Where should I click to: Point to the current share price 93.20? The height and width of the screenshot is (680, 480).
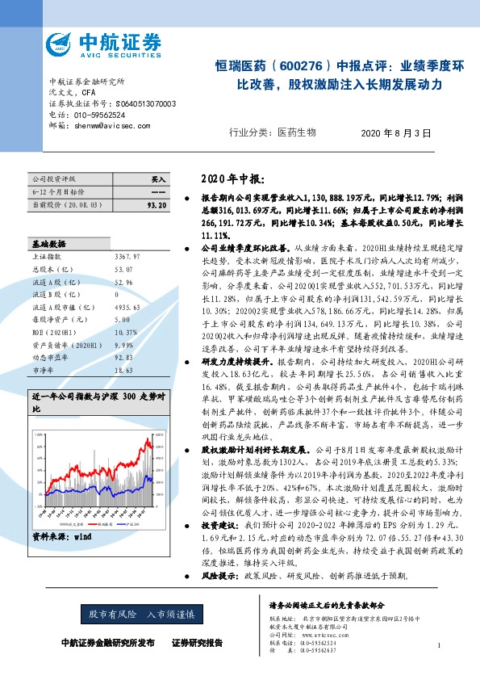pos(157,206)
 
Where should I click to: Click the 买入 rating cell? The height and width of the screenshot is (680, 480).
pos(158,178)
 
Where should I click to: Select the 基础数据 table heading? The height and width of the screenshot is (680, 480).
pos(48,242)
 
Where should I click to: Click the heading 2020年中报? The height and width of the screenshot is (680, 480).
pos(232,178)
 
